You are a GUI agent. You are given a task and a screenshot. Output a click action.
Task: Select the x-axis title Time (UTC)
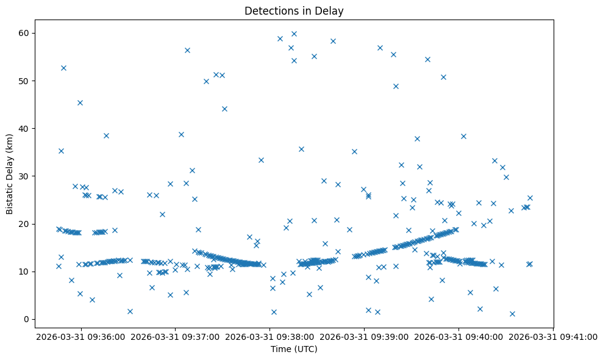(x=294, y=350)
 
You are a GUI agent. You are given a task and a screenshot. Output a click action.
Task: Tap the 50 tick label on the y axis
(x=29, y=81)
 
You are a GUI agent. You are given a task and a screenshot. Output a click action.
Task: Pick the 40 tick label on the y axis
(x=29, y=128)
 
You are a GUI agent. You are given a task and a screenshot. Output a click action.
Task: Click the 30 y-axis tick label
(x=29, y=176)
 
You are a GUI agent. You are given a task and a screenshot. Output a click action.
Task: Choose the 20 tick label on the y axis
(x=29, y=224)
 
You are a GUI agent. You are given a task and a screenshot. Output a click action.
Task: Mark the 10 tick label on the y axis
(x=29, y=272)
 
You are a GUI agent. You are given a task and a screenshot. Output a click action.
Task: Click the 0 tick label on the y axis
(x=31, y=319)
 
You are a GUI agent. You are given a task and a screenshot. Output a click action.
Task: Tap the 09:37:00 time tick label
(x=176, y=336)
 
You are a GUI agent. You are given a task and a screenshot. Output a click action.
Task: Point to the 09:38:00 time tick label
(x=270, y=336)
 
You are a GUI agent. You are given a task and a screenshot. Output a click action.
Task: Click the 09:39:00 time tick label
(x=365, y=336)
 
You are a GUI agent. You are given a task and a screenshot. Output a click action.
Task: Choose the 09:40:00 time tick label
(x=459, y=336)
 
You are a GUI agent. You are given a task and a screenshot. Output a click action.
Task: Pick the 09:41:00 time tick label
(x=554, y=336)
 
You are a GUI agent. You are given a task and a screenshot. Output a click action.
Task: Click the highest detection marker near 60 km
(x=294, y=34)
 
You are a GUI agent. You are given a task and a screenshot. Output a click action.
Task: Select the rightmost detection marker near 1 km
(x=512, y=314)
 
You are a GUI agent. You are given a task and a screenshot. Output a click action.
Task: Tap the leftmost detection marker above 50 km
(x=63, y=68)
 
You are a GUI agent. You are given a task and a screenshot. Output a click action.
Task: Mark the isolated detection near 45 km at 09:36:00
(x=80, y=103)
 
